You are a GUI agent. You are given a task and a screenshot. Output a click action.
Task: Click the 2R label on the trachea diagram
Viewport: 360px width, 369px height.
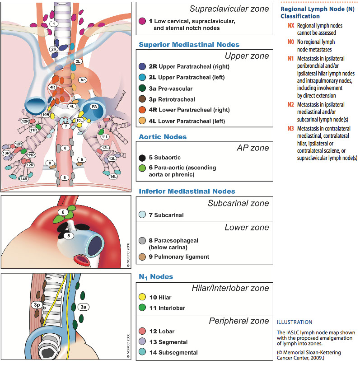[x=54, y=49]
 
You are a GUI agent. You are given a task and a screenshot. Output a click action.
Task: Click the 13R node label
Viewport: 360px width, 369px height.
[x=6, y=153]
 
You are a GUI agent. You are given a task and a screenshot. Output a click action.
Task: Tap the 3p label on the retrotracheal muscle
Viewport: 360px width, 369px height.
[x=37, y=305]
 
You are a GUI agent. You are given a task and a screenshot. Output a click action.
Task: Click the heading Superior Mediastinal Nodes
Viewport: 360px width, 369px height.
[x=189, y=45]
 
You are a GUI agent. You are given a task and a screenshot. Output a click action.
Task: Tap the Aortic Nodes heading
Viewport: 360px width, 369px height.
[x=163, y=136]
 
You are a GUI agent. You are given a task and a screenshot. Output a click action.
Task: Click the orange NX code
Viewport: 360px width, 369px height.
[x=291, y=25]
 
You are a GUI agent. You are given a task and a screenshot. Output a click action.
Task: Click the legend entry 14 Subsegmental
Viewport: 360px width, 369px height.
[x=173, y=353]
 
